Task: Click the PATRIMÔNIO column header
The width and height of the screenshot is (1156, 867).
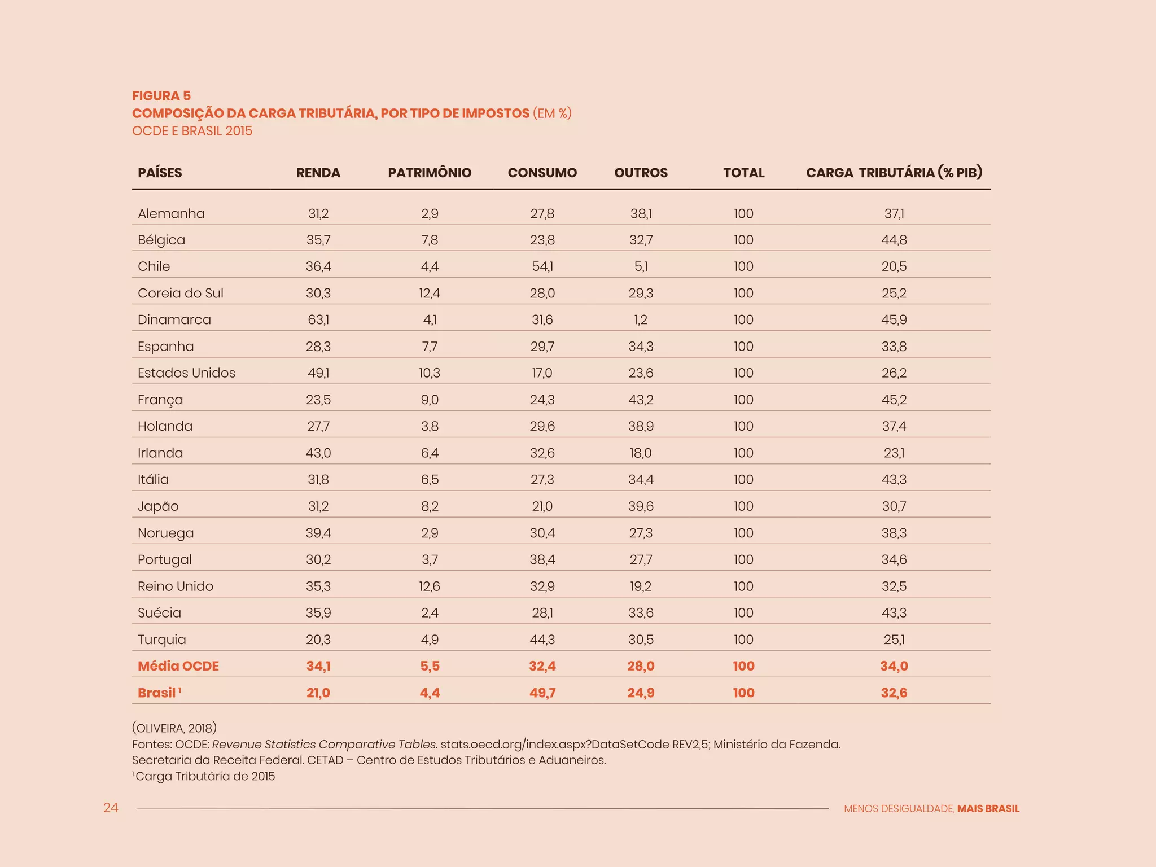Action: point(430,173)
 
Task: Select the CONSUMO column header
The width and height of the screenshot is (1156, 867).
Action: point(542,173)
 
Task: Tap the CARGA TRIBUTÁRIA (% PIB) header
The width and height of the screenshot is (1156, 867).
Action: point(894,173)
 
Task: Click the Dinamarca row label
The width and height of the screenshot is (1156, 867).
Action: point(174,320)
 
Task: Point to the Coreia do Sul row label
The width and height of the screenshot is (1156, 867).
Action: point(181,294)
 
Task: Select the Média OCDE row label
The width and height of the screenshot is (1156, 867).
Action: point(178,666)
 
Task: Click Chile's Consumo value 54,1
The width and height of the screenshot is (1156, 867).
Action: point(542,266)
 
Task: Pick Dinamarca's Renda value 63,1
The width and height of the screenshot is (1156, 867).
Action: point(318,320)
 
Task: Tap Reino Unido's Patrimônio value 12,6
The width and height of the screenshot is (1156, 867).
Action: point(430,586)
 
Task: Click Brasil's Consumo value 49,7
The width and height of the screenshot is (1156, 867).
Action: point(542,693)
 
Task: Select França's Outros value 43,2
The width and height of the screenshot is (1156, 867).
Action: point(641,400)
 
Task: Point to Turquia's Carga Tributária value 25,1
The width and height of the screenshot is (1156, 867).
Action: point(894,640)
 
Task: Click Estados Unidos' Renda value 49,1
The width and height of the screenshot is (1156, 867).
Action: point(318,373)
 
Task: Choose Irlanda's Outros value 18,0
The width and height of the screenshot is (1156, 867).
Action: point(641,453)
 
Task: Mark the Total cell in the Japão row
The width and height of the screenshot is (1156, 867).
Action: point(743,506)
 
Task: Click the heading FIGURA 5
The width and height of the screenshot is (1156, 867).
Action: point(161,96)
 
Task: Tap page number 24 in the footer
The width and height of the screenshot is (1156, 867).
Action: point(111,808)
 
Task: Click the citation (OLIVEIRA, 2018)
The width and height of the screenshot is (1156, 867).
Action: point(174,728)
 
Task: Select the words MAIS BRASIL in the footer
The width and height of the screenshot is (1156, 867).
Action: point(988,809)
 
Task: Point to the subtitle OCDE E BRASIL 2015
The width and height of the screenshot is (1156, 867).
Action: point(192,131)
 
